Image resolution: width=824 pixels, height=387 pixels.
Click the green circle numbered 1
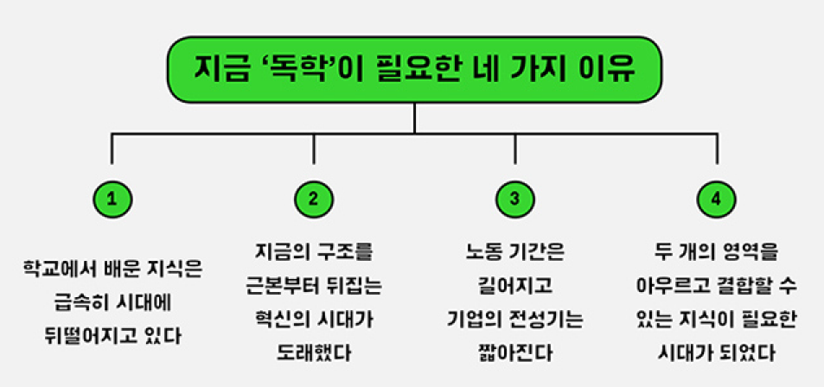click(x=112, y=199)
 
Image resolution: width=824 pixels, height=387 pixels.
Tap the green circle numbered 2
click(x=313, y=199)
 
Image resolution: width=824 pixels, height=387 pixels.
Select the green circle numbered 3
click(x=515, y=199)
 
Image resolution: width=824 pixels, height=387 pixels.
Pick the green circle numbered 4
click(x=716, y=199)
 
